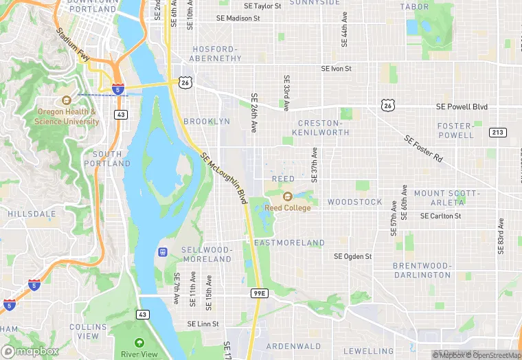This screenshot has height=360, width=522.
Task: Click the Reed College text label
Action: [x=288, y=208]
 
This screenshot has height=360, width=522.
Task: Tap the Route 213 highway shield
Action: [x=497, y=133]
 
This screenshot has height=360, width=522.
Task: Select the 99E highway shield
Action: [x=259, y=293]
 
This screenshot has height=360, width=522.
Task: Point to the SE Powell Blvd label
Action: [x=462, y=107]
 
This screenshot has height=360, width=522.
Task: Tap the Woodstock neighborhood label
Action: [x=354, y=202]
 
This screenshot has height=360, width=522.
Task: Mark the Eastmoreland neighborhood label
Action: [x=289, y=243]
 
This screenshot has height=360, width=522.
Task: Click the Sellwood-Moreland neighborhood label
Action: [x=206, y=254]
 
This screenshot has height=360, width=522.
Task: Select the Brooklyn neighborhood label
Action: [x=207, y=122]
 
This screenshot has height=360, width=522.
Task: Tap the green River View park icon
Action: [x=139, y=342]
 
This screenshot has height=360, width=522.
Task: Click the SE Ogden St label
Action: [x=352, y=256]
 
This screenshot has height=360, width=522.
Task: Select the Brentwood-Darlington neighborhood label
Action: [x=422, y=270]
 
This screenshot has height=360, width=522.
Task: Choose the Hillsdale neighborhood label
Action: [x=32, y=214]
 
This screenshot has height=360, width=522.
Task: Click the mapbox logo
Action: [x=30, y=350]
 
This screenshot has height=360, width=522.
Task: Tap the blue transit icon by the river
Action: [x=163, y=252]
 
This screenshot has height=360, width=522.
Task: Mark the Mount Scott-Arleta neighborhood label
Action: [x=446, y=198]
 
